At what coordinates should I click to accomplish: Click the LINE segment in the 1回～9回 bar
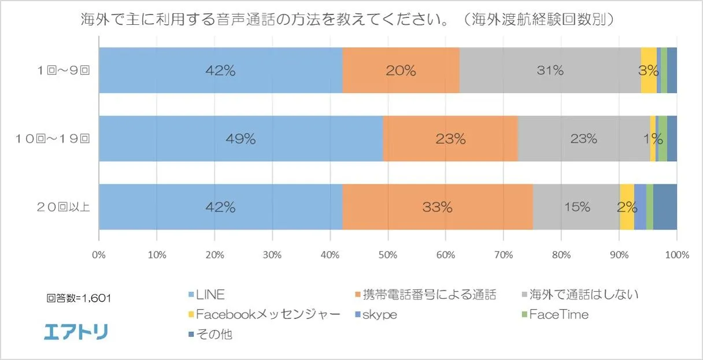[220, 70]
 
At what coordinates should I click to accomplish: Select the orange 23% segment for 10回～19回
[450, 139]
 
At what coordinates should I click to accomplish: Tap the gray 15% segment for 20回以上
[576, 207]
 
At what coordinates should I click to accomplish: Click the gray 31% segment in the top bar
[550, 70]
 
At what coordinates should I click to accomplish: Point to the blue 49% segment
[240, 139]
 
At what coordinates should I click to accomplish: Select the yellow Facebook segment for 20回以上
[627, 207]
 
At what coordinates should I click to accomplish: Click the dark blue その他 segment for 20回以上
[665, 207]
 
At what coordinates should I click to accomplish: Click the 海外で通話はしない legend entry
[579, 295]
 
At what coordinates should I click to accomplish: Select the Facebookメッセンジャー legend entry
[263, 315]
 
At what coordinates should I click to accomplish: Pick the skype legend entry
[377, 315]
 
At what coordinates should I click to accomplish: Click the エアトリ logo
[76, 332]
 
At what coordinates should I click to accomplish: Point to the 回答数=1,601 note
[79, 299]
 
